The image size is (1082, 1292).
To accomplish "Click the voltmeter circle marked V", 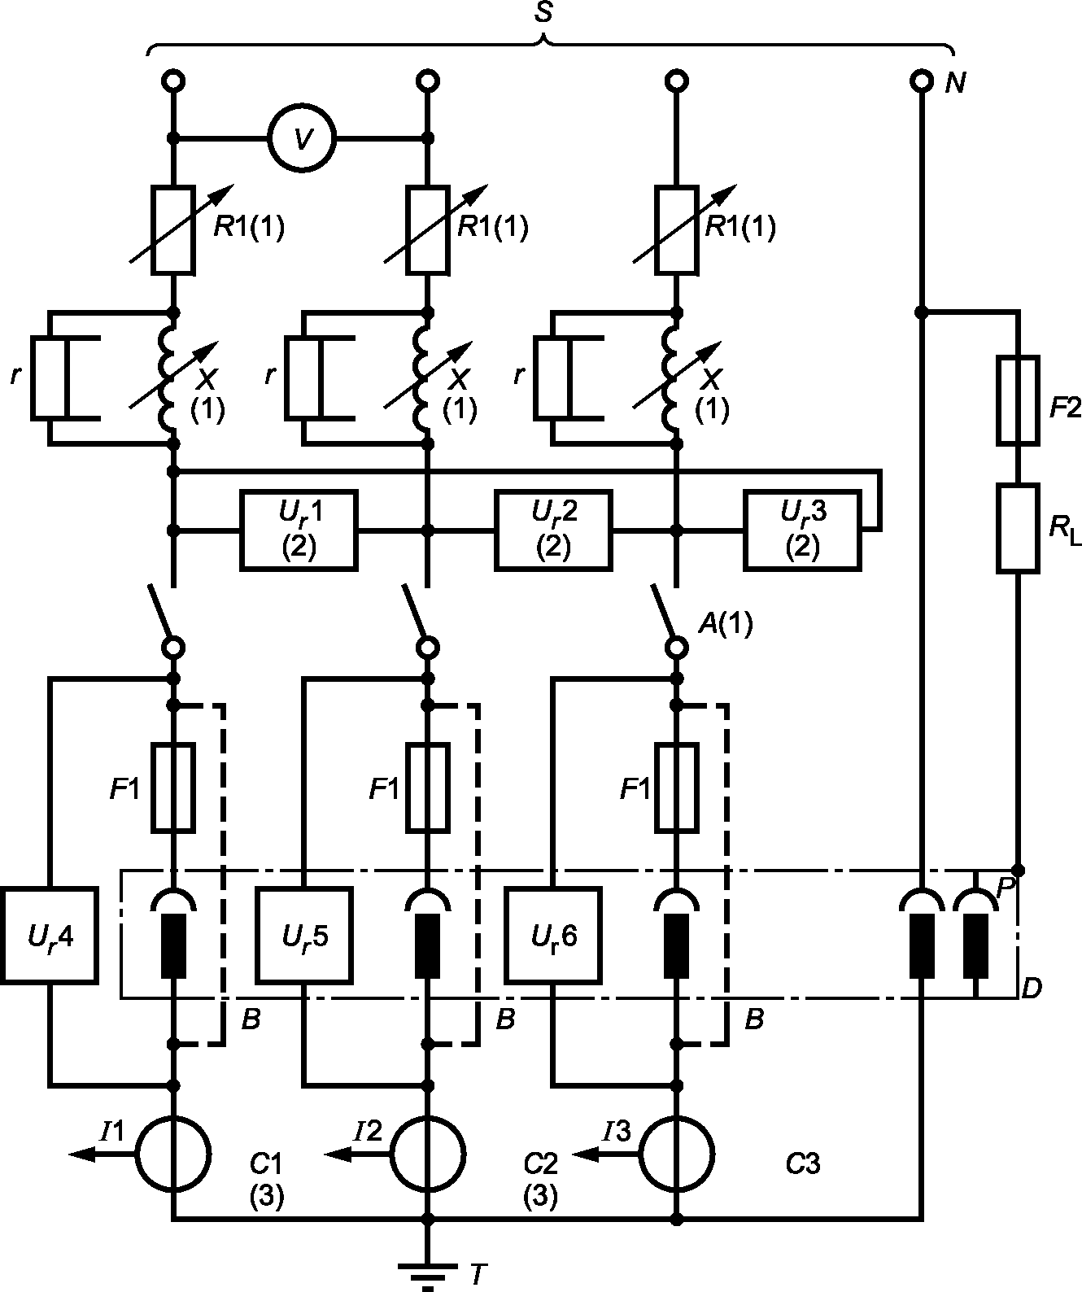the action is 302,138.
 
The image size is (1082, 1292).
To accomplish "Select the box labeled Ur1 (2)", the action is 299,530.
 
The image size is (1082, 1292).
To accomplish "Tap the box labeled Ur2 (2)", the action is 554,530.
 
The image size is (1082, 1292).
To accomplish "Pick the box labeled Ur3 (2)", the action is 802,530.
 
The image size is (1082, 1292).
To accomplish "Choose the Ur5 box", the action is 304,936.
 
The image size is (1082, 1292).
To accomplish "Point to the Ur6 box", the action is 554,936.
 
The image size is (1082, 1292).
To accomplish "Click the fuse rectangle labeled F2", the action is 1018,399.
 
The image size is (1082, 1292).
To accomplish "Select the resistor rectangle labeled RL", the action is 1018,528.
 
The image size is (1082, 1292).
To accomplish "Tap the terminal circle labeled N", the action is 922,81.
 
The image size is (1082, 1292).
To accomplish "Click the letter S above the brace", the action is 543,13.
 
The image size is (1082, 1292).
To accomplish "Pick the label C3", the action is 802,1164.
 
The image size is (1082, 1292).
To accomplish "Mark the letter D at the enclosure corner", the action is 1032,989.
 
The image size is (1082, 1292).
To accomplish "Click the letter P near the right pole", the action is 1006,888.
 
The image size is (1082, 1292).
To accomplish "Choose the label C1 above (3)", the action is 266,1164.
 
